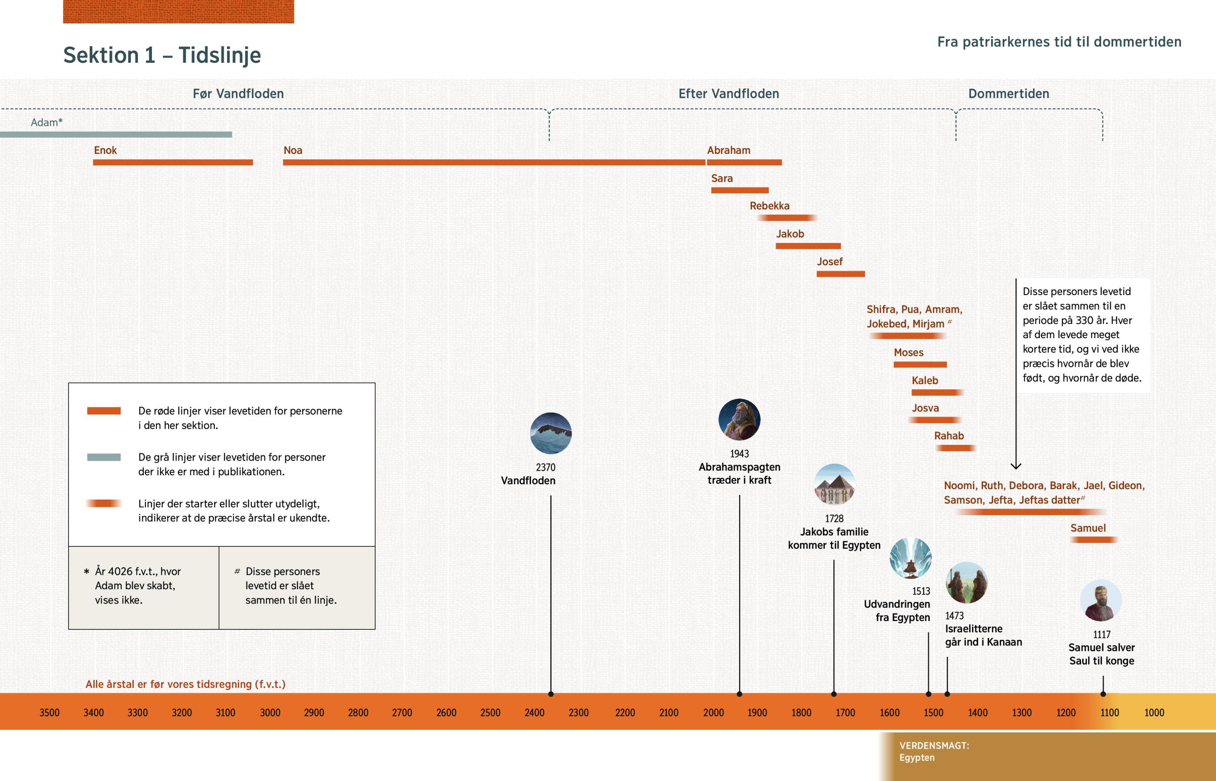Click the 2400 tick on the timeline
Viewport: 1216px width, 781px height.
pos(535,713)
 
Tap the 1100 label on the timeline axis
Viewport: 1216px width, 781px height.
pos(1110,713)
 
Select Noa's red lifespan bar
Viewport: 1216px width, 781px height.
pos(494,162)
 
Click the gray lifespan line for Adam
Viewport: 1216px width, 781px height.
pos(116,135)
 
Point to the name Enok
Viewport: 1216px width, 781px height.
pos(105,150)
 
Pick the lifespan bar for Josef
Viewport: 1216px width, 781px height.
pos(841,274)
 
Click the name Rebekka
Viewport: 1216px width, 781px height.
pos(770,206)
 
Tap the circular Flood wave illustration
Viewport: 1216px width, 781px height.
pos(551,433)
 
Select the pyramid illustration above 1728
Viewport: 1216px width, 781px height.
pos(834,484)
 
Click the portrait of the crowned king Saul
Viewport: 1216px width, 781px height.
pos(1100,600)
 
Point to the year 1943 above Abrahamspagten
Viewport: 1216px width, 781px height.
pos(739,454)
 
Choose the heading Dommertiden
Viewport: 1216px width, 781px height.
pos(1008,94)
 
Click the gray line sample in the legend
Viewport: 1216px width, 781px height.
pos(103,457)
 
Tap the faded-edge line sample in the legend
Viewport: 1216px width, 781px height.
pos(103,504)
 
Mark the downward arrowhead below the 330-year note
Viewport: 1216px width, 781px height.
pos(1015,466)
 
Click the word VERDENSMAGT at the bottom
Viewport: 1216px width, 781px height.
pos(934,746)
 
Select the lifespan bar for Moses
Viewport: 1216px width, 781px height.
pos(920,364)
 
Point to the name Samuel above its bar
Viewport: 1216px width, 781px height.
pos(1088,528)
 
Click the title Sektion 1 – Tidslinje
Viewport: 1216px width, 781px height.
pos(162,55)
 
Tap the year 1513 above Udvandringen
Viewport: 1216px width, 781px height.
pos(921,591)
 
